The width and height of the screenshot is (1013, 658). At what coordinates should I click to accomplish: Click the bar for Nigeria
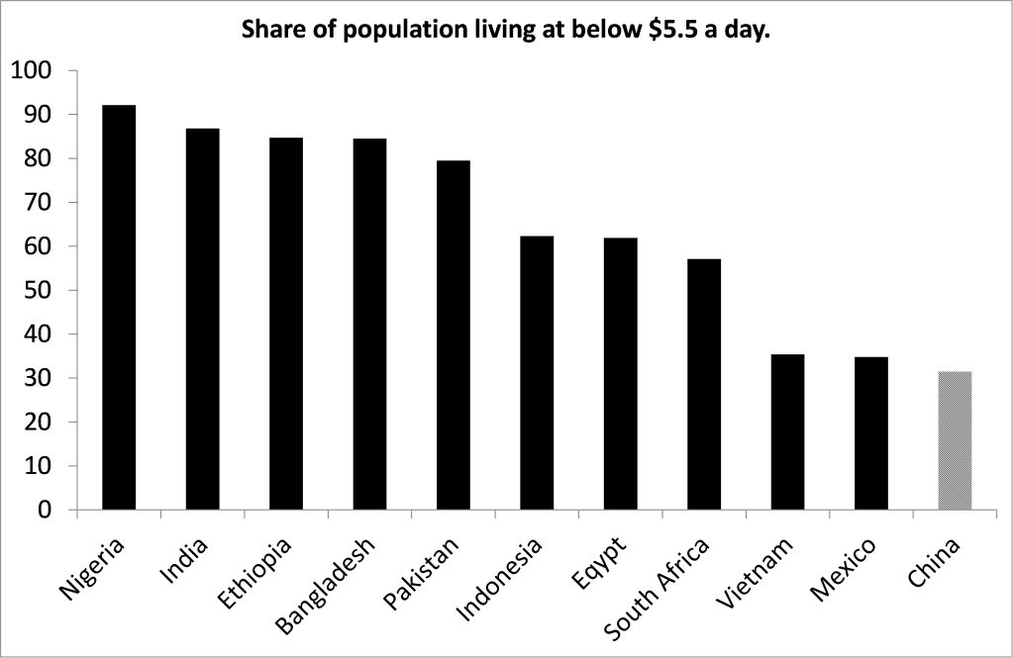119,307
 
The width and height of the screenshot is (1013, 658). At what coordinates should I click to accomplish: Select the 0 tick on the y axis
45,511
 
